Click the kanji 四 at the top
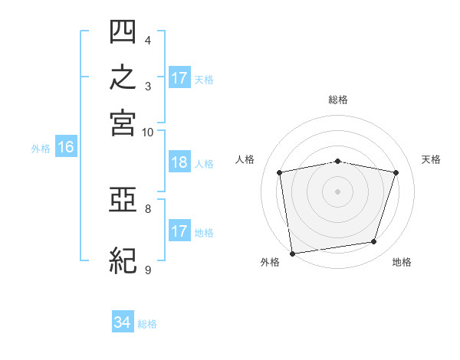123,31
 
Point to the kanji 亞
123,200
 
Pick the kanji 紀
123,260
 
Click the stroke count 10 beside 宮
147,133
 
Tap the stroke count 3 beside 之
148,87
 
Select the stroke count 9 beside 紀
148,270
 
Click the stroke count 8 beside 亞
148,209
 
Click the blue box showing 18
179,162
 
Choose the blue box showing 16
66,146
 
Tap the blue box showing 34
123,321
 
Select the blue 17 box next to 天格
179,77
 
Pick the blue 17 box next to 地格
179,230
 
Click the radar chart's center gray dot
337,191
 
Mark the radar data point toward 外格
292,254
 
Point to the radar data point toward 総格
337,162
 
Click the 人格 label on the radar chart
245,159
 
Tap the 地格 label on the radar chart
402,262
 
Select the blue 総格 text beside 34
147,324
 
